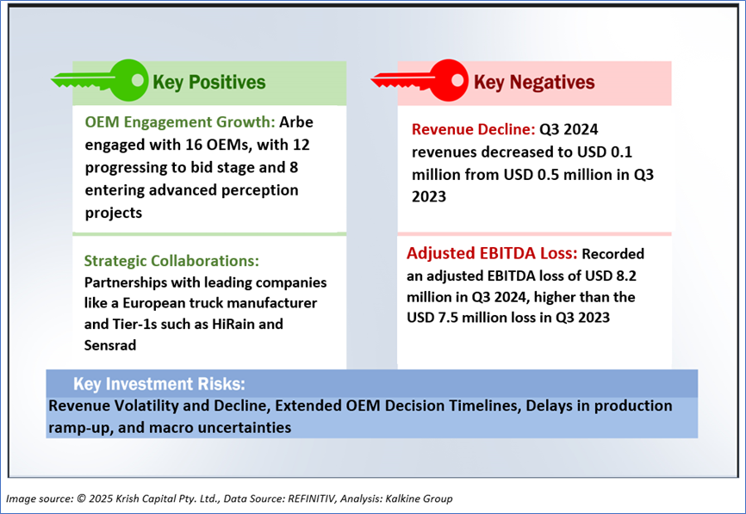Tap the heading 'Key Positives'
click(x=208, y=83)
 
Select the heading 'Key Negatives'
click(x=534, y=83)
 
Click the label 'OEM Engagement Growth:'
click(x=180, y=122)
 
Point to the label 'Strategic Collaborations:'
click(x=171, y=261)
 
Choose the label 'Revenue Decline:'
click(x=474, y=129)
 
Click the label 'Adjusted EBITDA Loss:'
click(x=492, y=253)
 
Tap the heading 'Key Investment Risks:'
click(x=159, y=384)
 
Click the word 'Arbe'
click(x=296, y=122)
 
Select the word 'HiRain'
click(x=233, y=325)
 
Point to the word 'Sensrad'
click(x=110, y=345)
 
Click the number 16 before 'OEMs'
click(x=194, y=145)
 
